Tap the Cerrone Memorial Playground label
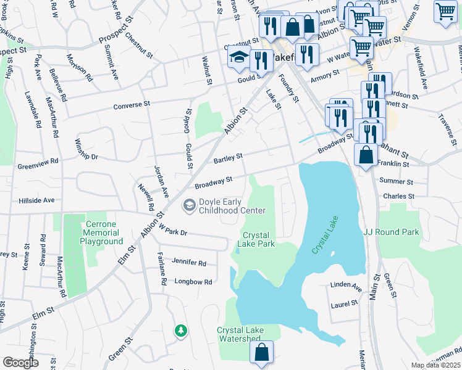click(x=103, y=232)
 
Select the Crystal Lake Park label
click(x=258, y=239)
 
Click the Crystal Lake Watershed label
click(x=240, y=335)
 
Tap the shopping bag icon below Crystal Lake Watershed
click(x=261, y=353)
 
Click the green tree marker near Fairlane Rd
click(x=180, y=331)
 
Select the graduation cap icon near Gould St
click(x=239, y=57)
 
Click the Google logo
click(x=21, y=363)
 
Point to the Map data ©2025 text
click(x=436, y=365)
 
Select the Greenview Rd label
click(x=38, y=163)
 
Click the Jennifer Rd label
click(x=189, y=262)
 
